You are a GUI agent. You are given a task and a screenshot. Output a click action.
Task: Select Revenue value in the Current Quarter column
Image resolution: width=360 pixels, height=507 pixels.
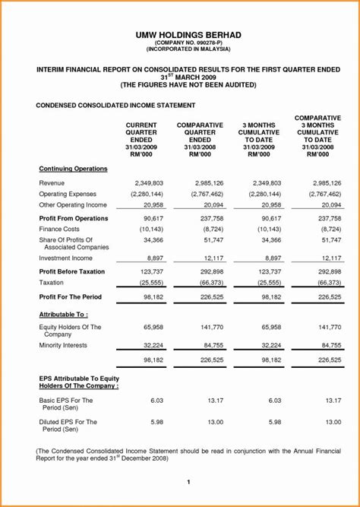tap(149, 183)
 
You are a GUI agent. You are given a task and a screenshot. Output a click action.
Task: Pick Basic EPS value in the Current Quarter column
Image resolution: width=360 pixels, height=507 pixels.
tap(156, 400)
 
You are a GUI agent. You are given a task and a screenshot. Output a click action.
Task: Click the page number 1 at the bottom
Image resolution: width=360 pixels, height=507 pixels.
tap(188, 482)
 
